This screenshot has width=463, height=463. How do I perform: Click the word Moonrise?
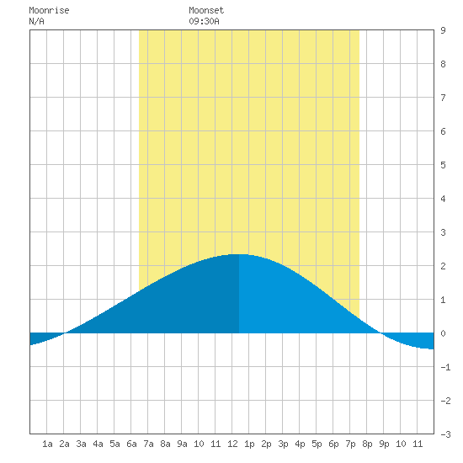pyautogui.click(x=49, y=10)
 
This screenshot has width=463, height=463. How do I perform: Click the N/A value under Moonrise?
pyautogui.click(x=36, y=21)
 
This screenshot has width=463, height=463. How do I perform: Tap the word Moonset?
pyautogui.click(x=206, y=10)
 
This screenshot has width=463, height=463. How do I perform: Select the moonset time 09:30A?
pyautogui.click(x=204, y=21)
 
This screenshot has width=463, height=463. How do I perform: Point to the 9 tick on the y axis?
pyautogui.click(x=443, y=30)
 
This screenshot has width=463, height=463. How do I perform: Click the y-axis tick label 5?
pyautogui.click(x=443, y=165)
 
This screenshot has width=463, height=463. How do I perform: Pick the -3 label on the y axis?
pyautogui.click(x=445, y=434)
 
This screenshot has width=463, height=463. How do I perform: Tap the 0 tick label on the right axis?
pyautogui.click(x=443, y=333)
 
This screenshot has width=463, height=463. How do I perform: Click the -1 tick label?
pyautogui.click(x=445, y=367)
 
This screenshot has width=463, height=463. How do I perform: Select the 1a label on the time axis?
pyautogui.click(x=47, y=444)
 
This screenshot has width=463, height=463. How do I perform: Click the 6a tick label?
pyautogui.click(x=131, y=444)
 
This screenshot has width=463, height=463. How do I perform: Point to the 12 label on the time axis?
pyautogui.click(x=232, y=444)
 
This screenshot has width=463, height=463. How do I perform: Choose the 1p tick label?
pyautogui.click(x=249, y=444)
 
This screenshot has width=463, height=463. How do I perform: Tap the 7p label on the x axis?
pyautogui.click(x=350, y=444)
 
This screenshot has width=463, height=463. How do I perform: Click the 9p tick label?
pyautogui.click(x=384, y=444)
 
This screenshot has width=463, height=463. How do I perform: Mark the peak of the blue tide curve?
pyautogui.click(x=239, y=254)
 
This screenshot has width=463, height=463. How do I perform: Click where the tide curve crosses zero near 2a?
pyautogui.click(x=65, y=333)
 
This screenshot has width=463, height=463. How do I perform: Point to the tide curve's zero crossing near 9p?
pyautogui.click(x=381, y=333)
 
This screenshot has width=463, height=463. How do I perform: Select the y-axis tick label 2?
pyautogui.click(x=443, y=266)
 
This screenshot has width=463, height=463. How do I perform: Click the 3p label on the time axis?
pyautogui.click(x=283, y=444)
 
